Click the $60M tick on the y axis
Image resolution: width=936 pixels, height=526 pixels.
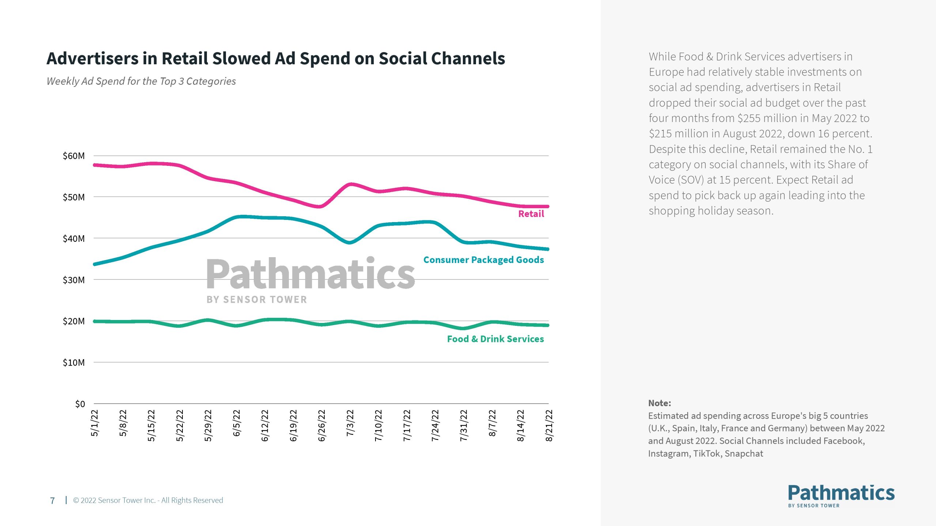pos(73,156)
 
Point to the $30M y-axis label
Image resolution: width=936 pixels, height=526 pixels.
pos(73,280)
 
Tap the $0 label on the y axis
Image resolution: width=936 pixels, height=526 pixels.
pos(80,404)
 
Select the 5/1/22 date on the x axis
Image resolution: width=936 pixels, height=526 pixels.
pos(94,423)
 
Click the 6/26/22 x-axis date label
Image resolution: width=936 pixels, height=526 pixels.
pos(321,426)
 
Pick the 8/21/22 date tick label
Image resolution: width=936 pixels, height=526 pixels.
pos(549,426)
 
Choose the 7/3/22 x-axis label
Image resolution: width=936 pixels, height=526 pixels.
pos(350,423)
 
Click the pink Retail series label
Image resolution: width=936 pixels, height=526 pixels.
pos(531,214)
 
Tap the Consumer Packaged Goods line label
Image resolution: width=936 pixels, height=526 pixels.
pos(483,260)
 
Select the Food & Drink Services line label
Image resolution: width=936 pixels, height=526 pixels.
pos(495,339)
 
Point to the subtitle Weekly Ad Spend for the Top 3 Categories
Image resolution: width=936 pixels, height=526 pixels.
pos(141,81)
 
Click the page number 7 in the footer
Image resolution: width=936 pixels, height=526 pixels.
pos(52,500)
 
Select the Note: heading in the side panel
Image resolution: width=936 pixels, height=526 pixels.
pos(660,403)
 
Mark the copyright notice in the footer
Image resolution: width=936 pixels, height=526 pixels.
pos(148,500)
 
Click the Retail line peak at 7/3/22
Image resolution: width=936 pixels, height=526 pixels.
pos(350,184)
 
